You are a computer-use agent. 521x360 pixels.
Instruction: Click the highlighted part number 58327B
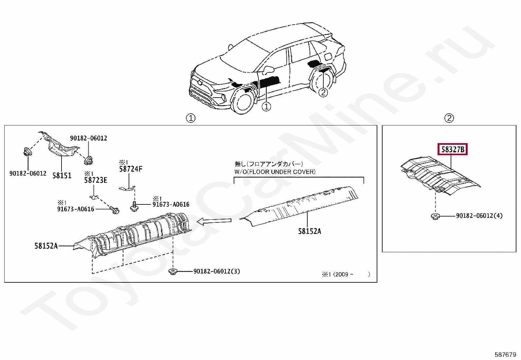click(453, 150)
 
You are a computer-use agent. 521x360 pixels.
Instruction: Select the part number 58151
click(62, 176)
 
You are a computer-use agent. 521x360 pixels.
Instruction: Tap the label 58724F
click(131, 169)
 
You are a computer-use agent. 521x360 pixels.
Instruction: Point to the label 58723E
click(96, 180)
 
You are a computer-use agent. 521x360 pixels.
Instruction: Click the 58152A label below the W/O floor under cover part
click(309, 231)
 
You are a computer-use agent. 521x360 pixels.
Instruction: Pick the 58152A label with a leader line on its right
click(46, 246)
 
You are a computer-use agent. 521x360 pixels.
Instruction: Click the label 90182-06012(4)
click(479, 216)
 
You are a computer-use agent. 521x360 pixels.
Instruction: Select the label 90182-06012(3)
click(217, 271)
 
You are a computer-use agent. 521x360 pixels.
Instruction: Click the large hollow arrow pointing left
click(214, 222)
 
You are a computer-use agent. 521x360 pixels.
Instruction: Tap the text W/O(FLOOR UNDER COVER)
click(275, 172)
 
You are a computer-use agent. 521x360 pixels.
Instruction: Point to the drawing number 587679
click(505, 354)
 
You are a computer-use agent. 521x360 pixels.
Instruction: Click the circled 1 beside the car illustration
click(266, 106)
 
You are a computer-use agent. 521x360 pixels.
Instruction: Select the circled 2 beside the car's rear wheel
click(323, 92)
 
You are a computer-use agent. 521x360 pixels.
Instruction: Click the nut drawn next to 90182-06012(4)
click(435, 216)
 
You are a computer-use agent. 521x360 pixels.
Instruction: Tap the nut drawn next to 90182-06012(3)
click(173, 271)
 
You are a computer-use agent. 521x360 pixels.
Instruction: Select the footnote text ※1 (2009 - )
click(346, 275)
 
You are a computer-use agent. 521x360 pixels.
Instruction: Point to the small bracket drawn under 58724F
click(127, 189)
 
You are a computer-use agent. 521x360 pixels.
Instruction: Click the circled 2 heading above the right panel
click(449, 118)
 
